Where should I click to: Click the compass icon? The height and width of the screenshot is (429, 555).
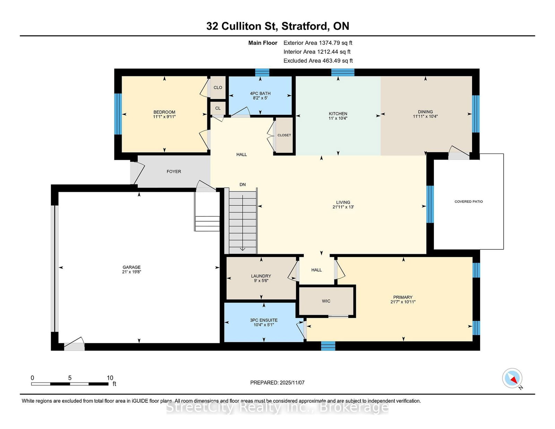512,378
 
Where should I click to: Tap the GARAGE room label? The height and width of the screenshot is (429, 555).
131,267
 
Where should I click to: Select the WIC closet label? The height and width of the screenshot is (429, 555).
326,301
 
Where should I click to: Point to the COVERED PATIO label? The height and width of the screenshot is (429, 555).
469,201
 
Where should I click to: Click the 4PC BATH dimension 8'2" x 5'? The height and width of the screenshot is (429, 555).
260,98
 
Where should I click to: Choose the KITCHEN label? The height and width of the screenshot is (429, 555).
338,114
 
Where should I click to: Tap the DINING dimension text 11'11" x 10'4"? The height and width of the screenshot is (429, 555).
426,116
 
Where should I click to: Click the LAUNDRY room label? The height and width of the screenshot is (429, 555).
261,276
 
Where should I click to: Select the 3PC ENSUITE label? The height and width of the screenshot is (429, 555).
264,320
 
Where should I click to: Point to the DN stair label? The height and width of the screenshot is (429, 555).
242,185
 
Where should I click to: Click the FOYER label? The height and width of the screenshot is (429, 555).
174,172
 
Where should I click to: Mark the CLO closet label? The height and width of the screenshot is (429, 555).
218,88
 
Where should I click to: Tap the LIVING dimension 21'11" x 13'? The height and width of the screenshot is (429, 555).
343,207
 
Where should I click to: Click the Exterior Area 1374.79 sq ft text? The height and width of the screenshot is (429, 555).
318,43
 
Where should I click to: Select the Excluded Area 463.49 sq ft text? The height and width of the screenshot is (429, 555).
318,61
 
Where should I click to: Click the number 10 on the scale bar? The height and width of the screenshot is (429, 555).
110,378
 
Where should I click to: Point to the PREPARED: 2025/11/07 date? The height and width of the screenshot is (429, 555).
277,383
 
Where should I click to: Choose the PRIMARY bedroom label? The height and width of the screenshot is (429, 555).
403,297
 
